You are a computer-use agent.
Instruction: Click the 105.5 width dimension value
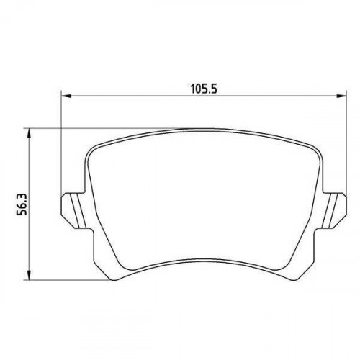coord(204,89)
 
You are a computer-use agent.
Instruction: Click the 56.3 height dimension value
coord(24,204)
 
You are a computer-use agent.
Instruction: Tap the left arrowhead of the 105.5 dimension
coord(66,96)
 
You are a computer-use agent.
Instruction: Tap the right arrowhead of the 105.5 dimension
coord(341,96)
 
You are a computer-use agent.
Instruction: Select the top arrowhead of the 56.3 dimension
coord(29,133)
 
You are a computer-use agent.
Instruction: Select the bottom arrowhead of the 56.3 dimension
coord(29,275)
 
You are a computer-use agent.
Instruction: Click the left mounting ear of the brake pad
coord(73,211)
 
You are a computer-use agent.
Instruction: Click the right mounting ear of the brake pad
coord(335,211)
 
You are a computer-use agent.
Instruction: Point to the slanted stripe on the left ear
coord(78,211)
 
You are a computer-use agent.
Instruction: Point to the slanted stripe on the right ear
coord(330,211)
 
